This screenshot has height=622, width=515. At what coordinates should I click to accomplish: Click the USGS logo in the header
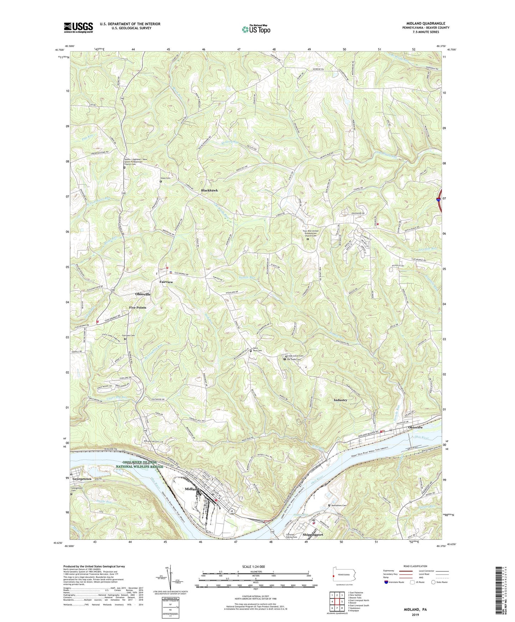pos(78,27)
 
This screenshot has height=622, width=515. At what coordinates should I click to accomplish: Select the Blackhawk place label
pos(209,191)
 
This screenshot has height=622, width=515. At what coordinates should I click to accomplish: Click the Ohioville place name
pos(143,294)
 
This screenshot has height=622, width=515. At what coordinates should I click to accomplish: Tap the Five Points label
pos(138,307)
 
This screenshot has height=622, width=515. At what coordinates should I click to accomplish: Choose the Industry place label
pos(340,400)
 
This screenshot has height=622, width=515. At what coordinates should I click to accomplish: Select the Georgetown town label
pos(81,479)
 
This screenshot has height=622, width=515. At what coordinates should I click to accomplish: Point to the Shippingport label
pos(313,535)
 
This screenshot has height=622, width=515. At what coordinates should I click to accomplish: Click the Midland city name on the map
pos(192,489)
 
